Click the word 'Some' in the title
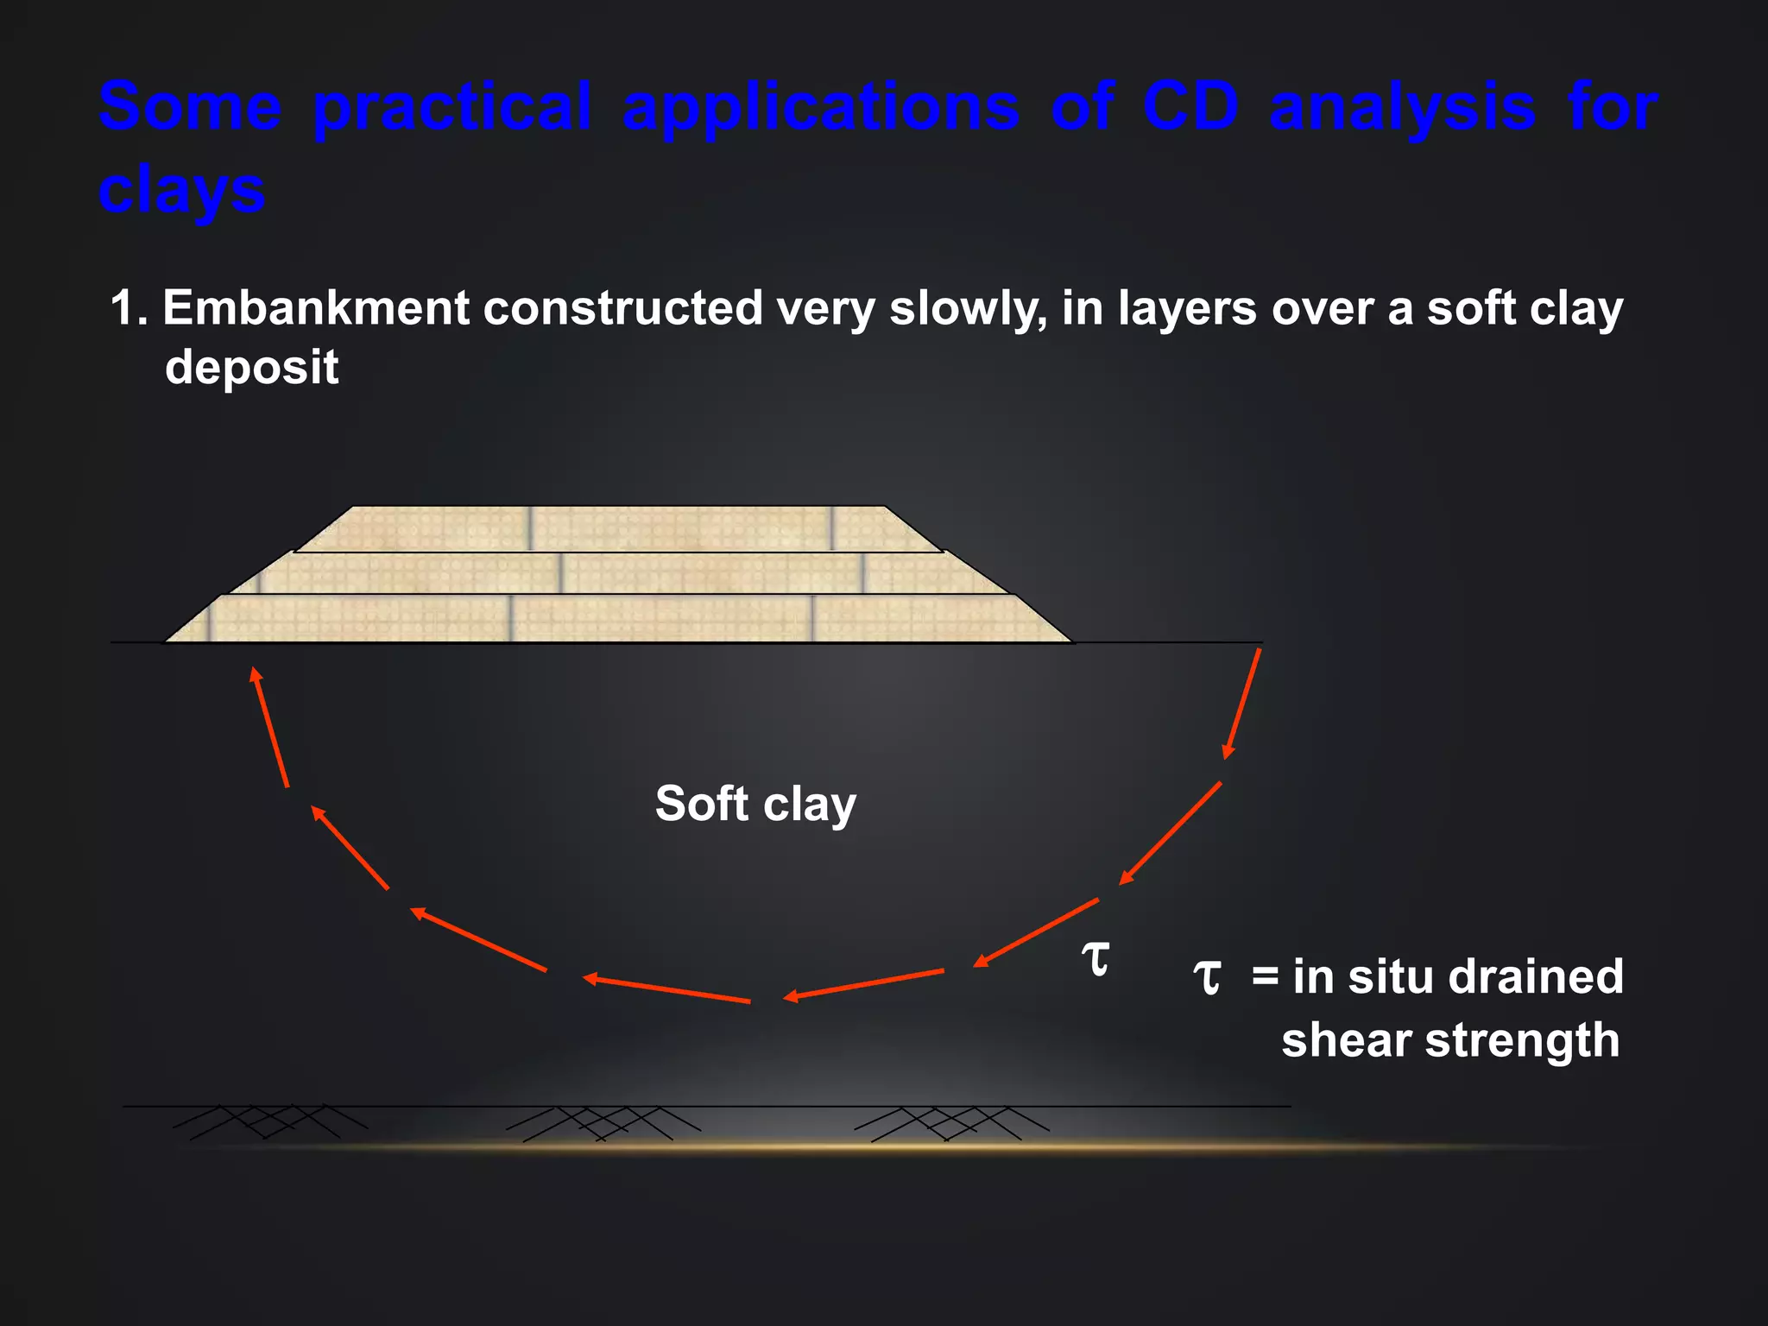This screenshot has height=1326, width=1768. click(190, 108)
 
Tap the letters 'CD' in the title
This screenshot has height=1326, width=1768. click(1190, 108)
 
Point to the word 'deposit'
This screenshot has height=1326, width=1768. click(251, 367)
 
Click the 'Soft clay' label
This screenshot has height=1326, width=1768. click(755, 804)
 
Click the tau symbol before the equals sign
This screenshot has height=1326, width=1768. click(1207, 978)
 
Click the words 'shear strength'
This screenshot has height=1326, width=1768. click(1450, 1039)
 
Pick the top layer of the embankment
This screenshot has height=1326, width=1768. click(617, 528)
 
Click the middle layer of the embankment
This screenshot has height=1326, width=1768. click(617, 573)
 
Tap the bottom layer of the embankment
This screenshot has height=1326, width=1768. click(617, 619)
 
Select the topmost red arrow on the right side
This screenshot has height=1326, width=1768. click(1242, 704)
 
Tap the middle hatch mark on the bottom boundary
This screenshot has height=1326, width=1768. click(603, 1123)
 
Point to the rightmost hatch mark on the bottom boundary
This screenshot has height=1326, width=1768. click(950, 1123)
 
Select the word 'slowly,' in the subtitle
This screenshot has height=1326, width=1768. click(968, 308)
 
